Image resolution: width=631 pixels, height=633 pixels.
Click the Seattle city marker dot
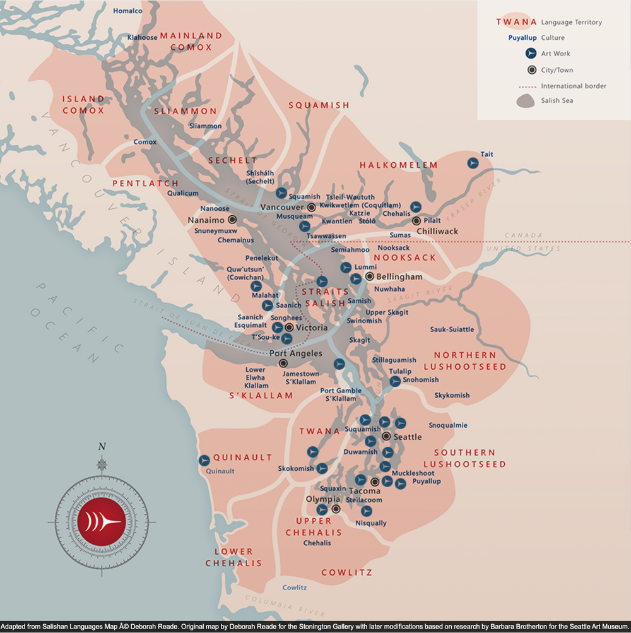click(386, 435)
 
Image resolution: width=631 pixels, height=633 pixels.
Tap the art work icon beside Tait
click(472, 163)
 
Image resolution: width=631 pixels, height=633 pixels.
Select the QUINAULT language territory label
click(243, 458)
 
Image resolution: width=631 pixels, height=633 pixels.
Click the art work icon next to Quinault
click(204, 461)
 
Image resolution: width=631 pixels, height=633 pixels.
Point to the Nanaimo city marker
click(232, 220)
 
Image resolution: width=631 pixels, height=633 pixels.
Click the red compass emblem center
click(102, 520)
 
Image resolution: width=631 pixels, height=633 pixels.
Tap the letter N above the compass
click(102, 447)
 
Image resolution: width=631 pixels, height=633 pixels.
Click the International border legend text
click(574, 86)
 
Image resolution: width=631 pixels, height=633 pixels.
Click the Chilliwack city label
click(437, 232)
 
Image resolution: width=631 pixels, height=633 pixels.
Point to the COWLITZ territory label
click(346, 573)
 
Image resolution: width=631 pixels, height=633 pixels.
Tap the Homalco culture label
click(127, 11)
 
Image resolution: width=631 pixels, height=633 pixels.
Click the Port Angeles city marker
click(283, 364)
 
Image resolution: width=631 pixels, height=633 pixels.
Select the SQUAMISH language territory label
click(319, 105)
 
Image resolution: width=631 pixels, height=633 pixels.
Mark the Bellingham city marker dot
click(370, 276)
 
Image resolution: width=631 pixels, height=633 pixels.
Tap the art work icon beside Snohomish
click(395, 381)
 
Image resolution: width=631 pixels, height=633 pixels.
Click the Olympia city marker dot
click(336, 509)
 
